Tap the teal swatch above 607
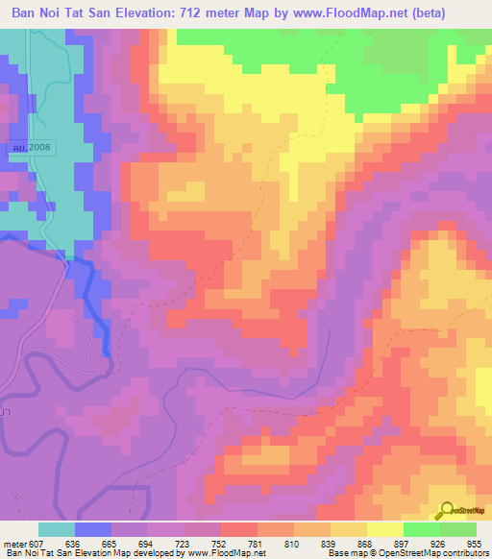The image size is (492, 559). pyautogui.click(x=56, y=529)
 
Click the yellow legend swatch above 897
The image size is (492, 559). pyautogui.click(x=385, y=529)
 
